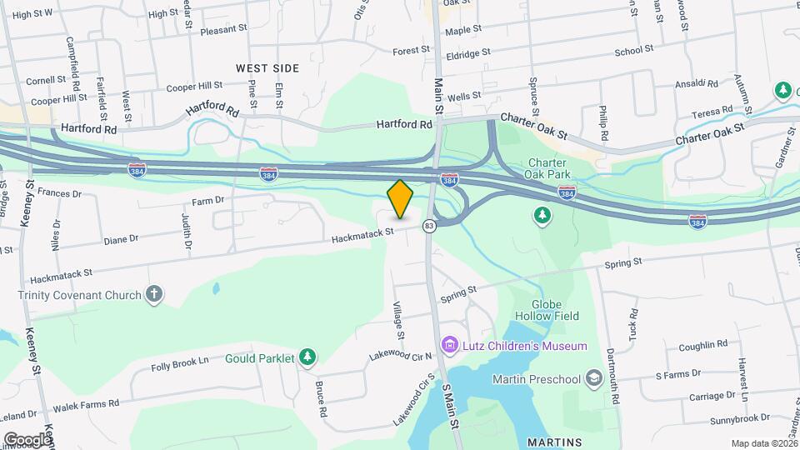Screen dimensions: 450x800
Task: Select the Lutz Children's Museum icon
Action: click(450, 344)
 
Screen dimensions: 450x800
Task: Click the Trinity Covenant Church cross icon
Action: click(152, 293)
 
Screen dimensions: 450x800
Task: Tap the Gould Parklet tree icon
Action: click(307, 357)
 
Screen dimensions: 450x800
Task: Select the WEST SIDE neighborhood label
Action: click(267, 67)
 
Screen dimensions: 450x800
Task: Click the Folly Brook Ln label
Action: click(179, 364)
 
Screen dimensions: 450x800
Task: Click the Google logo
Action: click(27, 439)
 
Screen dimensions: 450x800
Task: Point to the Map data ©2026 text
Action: click(765, 443)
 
